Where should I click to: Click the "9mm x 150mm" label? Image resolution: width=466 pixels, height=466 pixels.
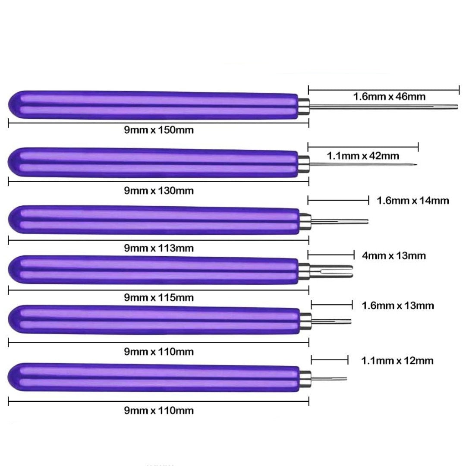pos(159,130)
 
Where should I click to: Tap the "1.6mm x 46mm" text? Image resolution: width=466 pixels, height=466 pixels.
pos(389,96)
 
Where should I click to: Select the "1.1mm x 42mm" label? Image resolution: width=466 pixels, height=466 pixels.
pos(363,156)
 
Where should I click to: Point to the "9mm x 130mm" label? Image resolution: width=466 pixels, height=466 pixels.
pos(159,191)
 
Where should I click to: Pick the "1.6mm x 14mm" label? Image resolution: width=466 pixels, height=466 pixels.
pos(412,201)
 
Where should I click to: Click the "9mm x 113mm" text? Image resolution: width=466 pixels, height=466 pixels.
pos(159,248)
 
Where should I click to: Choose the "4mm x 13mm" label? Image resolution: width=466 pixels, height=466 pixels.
pos(394,256)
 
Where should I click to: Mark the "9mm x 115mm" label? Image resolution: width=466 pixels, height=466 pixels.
pos(159,297)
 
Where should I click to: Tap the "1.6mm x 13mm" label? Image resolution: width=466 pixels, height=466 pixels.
pos(397,306)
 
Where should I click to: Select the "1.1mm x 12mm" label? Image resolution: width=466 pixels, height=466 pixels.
pos(397,360)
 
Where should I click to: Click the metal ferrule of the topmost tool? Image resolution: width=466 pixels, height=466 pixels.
pos(304,106)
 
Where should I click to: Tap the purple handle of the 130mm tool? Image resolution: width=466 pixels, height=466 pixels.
pos(151,162)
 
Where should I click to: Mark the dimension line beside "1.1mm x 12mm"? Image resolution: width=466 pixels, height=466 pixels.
pos(329,359)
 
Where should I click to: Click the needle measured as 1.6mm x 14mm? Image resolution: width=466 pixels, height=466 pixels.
pos(341,222)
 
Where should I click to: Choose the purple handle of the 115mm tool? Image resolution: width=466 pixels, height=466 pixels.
pos(151,270)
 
